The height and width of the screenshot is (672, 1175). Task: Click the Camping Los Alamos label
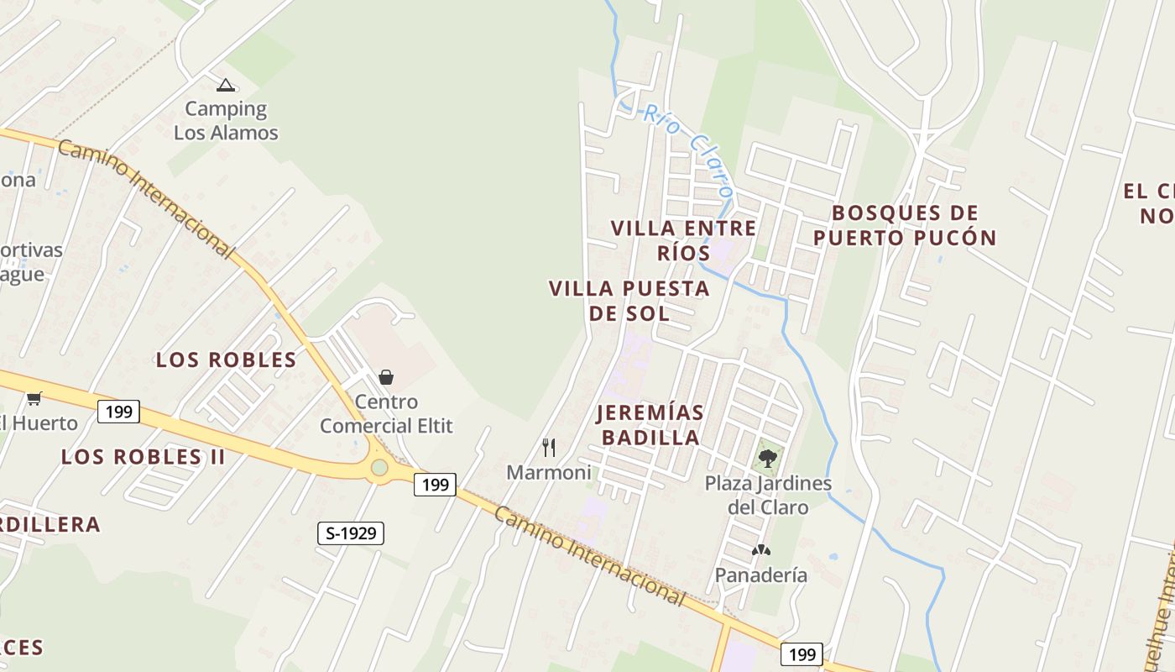coord(226,120)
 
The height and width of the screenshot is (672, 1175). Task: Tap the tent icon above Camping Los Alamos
coord(225,85)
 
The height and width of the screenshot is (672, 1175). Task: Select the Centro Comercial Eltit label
coord(386,413)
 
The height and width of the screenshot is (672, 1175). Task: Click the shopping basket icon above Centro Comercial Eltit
coord(386,377)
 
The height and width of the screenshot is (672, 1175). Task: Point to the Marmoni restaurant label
coord(549,473)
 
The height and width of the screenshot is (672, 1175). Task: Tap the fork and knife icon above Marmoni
coord(549,447)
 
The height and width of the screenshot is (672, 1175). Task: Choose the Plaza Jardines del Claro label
coord(768,495)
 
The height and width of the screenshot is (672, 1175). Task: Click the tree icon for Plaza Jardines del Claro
coord(767,459)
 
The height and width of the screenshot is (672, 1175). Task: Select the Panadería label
coord(761,575)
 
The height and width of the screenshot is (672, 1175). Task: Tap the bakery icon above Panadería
coord(761,551)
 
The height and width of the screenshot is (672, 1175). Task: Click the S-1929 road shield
coord(351,533)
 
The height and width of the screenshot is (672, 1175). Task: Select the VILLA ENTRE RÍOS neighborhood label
coord(684,240)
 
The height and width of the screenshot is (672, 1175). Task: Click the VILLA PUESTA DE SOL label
coord(629,301)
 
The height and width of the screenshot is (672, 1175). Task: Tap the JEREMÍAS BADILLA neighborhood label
coord(650,425)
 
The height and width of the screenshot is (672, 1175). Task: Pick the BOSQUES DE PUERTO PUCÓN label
coord(905,225)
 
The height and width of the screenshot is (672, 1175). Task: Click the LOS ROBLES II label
coord(144,457)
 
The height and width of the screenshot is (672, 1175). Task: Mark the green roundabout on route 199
coord(380,467)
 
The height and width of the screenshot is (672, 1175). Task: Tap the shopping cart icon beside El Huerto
coord(34,398)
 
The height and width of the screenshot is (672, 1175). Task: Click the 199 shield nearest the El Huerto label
coord(118,412)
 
